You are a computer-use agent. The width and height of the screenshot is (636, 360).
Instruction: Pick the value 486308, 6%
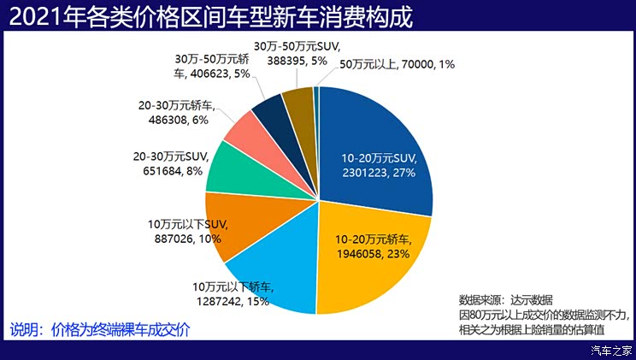(172, 121)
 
